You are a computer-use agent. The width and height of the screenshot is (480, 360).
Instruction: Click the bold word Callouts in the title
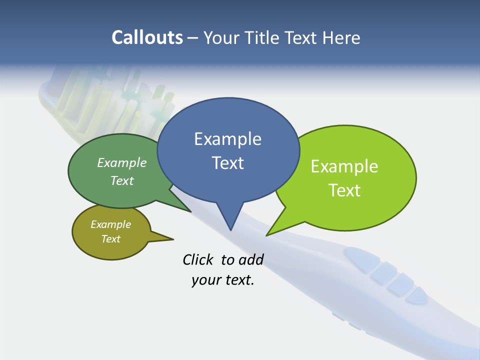click(147, 37)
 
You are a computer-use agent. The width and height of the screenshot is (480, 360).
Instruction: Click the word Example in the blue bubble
click(227, 139)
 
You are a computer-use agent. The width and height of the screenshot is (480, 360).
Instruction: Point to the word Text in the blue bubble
click(227, 163)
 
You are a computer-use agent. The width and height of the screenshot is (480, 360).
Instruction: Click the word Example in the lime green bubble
click(344, 166)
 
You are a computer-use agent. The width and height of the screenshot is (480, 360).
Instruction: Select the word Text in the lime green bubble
click(344, 190)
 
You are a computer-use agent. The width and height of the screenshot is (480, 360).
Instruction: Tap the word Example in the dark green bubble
click(122, 163)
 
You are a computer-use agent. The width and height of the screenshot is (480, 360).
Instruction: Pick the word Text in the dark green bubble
click(122, 180)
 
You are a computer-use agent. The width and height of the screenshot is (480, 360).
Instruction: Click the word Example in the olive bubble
click(110, 224)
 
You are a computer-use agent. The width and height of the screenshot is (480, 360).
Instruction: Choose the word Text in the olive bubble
click(110, 239)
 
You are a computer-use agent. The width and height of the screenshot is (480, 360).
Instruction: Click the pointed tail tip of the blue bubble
click(230, 229)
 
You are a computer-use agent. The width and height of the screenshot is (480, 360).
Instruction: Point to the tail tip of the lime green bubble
click(267, 234)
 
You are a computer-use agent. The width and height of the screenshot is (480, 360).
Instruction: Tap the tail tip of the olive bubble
click(172, 238)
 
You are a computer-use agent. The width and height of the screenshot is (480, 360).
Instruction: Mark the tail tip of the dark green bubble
click(190, 211)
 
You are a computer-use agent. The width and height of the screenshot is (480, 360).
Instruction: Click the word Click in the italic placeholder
click(198, 259)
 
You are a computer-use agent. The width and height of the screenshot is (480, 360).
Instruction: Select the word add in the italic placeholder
click(250, 259)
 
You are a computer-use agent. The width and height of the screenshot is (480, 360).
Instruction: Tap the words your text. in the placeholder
click(223, 280)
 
